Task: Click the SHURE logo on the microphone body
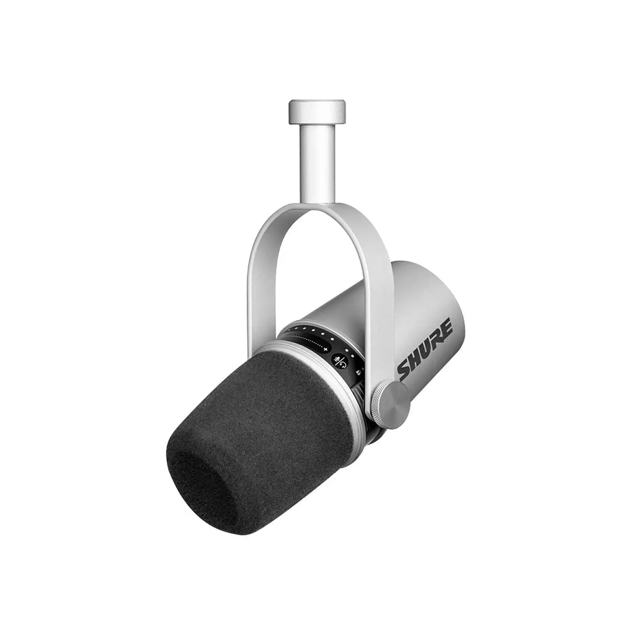point(424,349)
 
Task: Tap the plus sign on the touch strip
point(325,348)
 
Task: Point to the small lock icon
point(358,372)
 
